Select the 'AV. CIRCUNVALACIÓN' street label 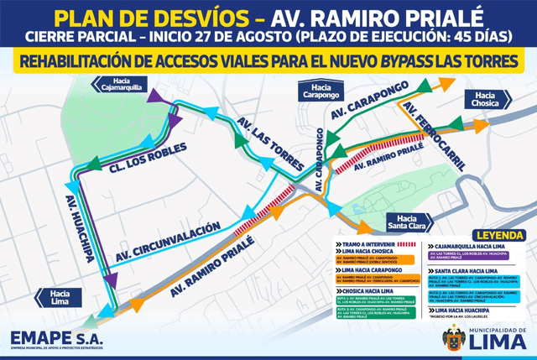[167, 240]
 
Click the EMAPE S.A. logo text [59, 337]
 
